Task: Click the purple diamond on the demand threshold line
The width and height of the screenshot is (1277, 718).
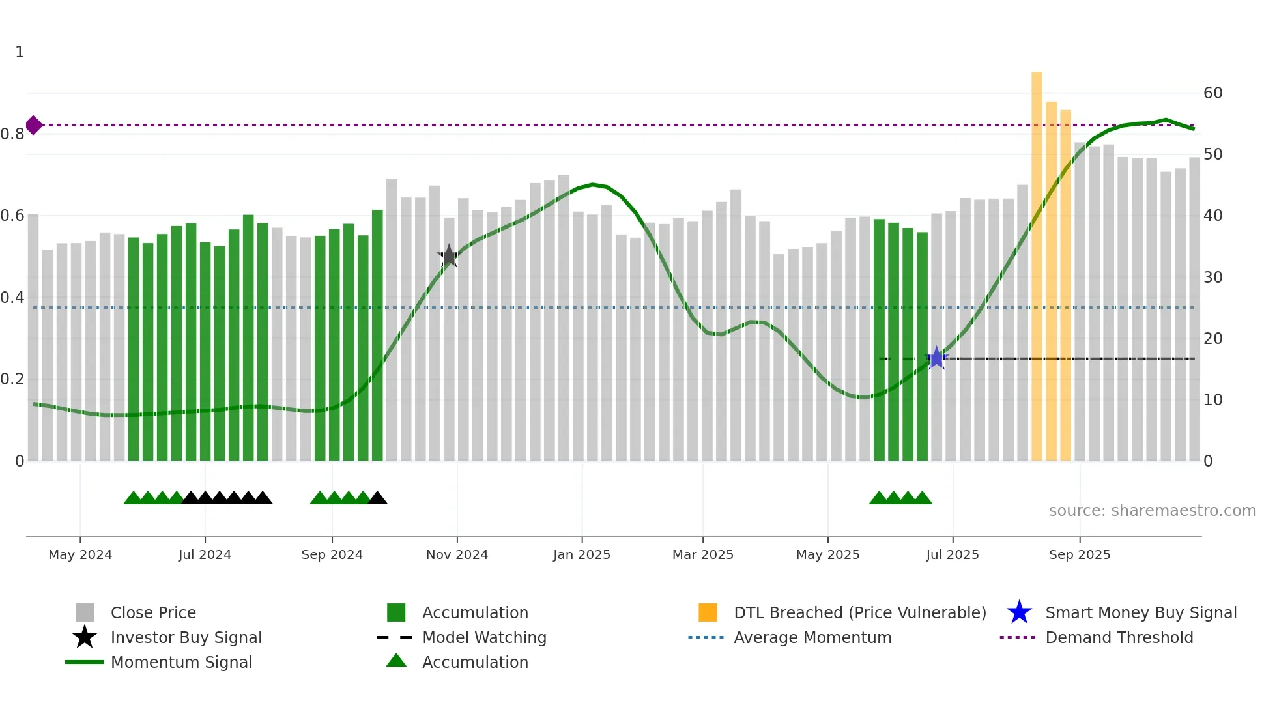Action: pyautogui.click(x=34, y=125)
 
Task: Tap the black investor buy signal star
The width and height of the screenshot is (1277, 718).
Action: pyautogui.click(x=448, y=256)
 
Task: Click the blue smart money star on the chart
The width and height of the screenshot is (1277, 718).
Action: pyautogui.click(x=936, y=358)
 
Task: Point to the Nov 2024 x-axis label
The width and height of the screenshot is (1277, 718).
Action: pyautogui.click(x=457, y=554)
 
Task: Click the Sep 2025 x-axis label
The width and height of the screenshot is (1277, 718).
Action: pyautogui.click(x=1079, y=554)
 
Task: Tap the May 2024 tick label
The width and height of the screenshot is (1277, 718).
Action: pyautogui.click(x=80, y=554)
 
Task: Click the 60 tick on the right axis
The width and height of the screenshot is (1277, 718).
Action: pyautogui.click(x=1212, y=93)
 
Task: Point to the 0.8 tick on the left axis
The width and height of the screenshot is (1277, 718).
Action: pyautogui.click(x=12, y=134)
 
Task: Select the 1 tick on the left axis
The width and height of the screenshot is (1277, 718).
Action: pyautogui.click(x=20, y=52)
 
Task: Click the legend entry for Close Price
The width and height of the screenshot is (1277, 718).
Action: pyautogui.click(x=153, y=612)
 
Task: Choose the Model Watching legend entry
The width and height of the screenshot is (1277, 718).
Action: pyautogui.click(x=484, y=637)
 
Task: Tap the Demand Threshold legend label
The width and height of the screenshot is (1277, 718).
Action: pyautogui.click(x=1119, y=637)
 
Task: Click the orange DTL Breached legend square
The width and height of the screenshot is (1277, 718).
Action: pyautogui.click(x=708, y=612)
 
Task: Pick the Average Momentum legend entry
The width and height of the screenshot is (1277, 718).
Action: pyautogui.click(x=812, y=637)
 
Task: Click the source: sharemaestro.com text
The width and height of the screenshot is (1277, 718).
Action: pyautogui.click(x=1152, y=510)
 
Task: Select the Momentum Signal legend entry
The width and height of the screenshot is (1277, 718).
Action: pyautogui.click(x=181, y=662)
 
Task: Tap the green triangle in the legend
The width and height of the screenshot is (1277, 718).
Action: pyautogui.click(x=396, y=661)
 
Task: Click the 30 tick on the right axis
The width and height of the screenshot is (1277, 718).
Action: pyautogui.click(x=1212, y=278)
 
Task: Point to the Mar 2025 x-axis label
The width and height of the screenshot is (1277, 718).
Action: pyautogui.click(x=702, y=554)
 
